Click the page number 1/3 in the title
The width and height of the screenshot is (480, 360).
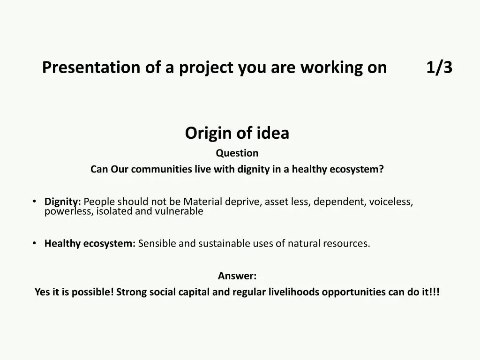click(x=439, y=67)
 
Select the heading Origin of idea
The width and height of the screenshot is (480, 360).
click(x=237, y=133)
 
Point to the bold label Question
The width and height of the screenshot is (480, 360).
click(x=237, y=153)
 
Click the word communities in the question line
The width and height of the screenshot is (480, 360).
click(x=162, y=169)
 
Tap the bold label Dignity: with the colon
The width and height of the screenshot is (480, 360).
click(x=63, y=202)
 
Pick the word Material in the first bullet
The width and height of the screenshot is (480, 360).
click(x=202, y=202)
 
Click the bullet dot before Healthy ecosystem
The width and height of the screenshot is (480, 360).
click(x=35, y=243)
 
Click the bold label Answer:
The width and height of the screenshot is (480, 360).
click(x=237, y=276)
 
